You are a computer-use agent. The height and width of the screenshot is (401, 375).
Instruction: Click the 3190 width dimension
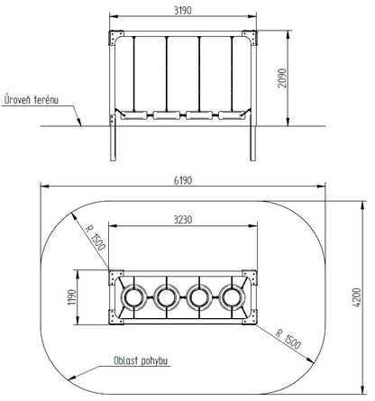[183, 11]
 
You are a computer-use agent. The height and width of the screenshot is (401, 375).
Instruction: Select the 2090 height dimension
[282, 78]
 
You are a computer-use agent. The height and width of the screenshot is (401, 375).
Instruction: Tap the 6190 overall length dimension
[183, 180]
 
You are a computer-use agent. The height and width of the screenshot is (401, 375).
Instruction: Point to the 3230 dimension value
[183, 220]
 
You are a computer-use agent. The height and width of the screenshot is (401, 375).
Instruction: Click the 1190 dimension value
[72, 297]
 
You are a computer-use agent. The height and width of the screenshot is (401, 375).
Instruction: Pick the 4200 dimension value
[356, 297]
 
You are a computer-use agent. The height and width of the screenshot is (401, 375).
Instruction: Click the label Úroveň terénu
[32, 99]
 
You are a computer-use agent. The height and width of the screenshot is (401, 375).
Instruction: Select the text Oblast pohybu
[141, 360]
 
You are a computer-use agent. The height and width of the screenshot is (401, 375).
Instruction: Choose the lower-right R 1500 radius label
[288, 339]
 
